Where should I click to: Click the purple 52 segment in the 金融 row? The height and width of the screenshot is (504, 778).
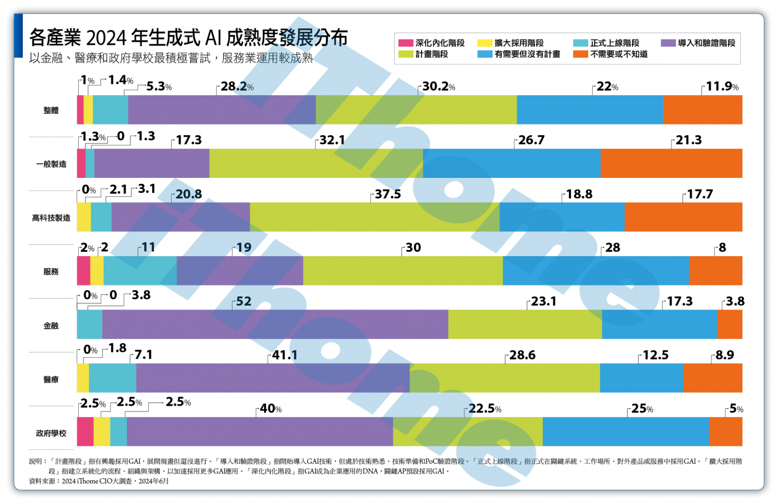pyautogui.click(x=275, y=324)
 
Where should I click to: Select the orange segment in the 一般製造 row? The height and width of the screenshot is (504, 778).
pyautogui.click(x=671, y=163)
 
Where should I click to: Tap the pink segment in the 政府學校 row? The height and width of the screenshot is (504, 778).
pyautogui.click(x=85, y=432)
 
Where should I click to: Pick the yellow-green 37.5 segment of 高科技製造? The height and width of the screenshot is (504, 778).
pyautogui.click(x=374, y=217)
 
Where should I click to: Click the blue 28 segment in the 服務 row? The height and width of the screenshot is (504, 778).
pyautogui.click(x=596, y=271)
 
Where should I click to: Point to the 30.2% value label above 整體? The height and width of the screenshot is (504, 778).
pyautogui.click(x=438, y=87)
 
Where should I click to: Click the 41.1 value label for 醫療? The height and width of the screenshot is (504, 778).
pyautogui.click(x=284, y=355)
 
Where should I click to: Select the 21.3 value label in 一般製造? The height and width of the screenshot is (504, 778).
pyautogui.click(x=689, y=140)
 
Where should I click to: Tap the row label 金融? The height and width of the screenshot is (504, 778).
pyautogui.click(x=51, y=326)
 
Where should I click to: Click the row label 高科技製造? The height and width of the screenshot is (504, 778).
pyautogui.click(x=51, y=218)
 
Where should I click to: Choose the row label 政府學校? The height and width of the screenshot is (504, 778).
pyautogui.click(x=51, y=433)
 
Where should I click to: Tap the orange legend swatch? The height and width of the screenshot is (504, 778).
pyautogui.click(x=581, y=54)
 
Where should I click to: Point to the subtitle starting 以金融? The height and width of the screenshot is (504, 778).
pyautogui.click(x=170, y=58)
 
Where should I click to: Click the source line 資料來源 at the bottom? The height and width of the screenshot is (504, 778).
pyautogui.click(x=99, y=481)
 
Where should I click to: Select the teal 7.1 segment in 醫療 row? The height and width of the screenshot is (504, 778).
pyautogui.click(x=112, y=378)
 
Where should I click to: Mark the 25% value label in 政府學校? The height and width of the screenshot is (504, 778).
pyautogui.click(x=642, y=409)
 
